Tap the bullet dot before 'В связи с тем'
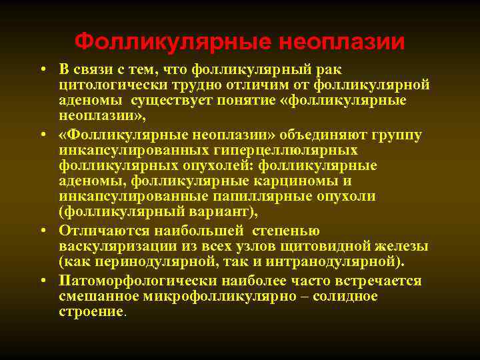[x=41, y=70]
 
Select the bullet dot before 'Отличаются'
[x=41, y=231]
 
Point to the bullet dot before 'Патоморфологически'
[x=41, y=280]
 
